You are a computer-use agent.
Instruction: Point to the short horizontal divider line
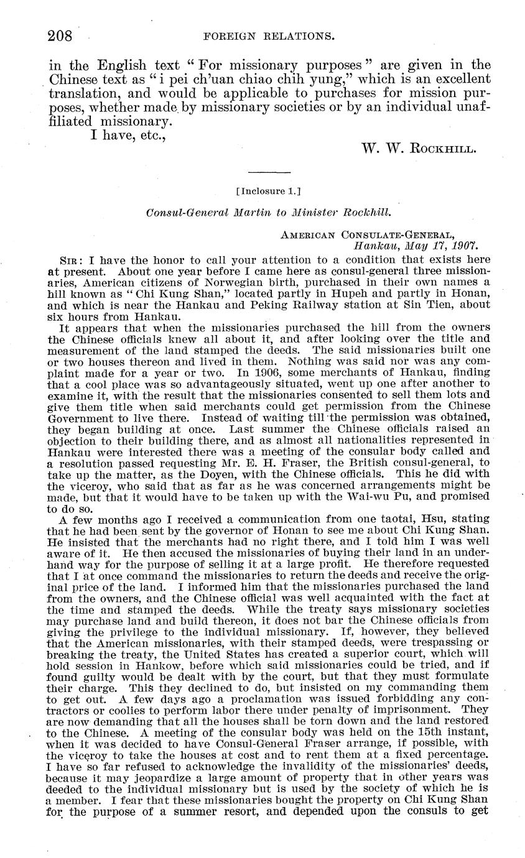pos(269,171)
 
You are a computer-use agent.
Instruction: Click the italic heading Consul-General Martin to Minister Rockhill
pos(269,212)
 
